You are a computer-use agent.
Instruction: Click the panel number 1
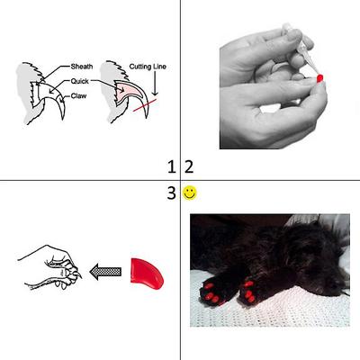pos(172,166)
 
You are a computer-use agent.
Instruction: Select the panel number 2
pos(188,166)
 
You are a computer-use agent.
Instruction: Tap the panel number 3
pos(172,193)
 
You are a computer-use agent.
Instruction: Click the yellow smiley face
pos(190,193)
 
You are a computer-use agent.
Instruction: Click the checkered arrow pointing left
pos(106,267)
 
